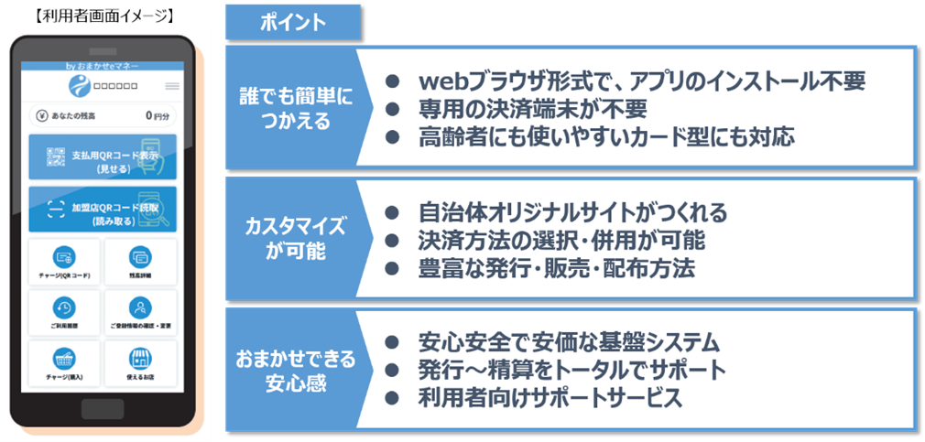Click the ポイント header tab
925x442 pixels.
[x=293, y=23]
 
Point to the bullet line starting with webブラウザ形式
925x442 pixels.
[x=641, y=81]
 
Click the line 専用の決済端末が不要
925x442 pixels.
[x=533, y=110]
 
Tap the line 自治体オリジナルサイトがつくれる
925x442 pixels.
[x=571, y=213]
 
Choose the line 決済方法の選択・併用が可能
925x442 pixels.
[x=560, y=242]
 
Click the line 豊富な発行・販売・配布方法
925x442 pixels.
[x=555, y=269]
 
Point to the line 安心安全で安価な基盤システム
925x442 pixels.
[x=568, y=343]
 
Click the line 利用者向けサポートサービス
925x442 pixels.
[x=550, y=399]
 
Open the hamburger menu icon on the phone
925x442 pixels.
[x=172, y=87]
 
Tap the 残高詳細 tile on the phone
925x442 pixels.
[x=140, y=263]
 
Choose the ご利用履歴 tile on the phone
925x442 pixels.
[x=64, y=313]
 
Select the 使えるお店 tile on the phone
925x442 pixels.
[x=140, y=364]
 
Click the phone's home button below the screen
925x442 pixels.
[x=103, y=408]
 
